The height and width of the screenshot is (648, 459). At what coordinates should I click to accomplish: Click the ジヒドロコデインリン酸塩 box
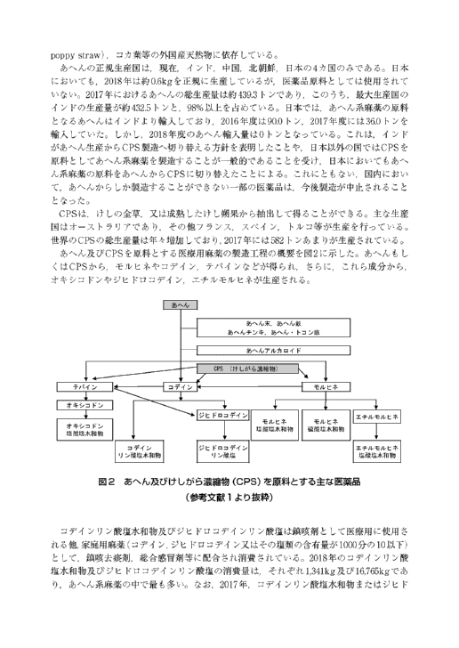click(x=222, y=451)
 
